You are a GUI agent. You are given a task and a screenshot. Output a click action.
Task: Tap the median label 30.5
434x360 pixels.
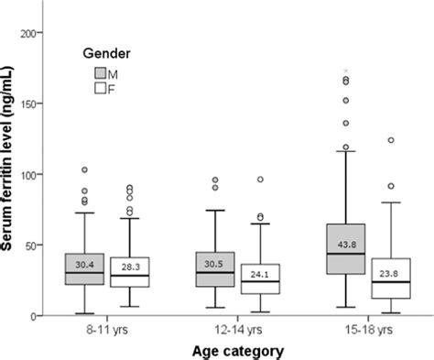click(216, 265)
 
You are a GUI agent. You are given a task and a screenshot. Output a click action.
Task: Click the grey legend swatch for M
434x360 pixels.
click(100, 72)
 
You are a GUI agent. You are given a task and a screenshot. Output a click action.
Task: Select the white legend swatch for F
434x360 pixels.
click(100, 88)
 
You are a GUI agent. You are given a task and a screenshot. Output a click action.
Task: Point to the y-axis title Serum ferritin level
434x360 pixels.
click(12, 174)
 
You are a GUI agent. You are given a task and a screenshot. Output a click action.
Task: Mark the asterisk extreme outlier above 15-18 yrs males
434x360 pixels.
click(346, 70)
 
